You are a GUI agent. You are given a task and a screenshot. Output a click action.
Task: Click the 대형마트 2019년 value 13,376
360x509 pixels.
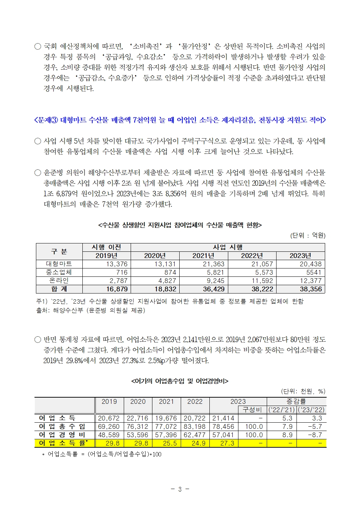point(116,264)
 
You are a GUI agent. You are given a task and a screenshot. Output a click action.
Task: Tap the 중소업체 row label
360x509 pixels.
point(59,272)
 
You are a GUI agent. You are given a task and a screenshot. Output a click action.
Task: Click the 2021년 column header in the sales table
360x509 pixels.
point(203,256)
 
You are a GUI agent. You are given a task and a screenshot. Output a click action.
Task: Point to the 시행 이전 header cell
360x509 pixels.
point(106,247)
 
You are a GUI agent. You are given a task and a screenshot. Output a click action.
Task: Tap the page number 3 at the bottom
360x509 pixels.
point(180,489)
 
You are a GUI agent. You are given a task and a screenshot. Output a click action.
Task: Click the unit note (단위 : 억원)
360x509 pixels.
point(308,235)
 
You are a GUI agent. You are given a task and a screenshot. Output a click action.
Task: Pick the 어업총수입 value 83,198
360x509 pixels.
point(195,427)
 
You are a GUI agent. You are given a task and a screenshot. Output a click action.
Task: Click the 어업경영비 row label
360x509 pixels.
point(62,435)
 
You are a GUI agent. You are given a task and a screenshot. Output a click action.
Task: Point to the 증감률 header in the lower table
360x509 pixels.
point(296,402)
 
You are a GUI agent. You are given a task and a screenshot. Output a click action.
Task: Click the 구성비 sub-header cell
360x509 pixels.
point(252,410)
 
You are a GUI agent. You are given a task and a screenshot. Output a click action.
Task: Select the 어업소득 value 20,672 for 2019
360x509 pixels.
point(109,418)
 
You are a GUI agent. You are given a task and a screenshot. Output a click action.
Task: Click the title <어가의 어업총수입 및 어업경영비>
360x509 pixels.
point(180,381)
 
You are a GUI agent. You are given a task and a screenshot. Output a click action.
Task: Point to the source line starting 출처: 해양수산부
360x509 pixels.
point(90,310)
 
